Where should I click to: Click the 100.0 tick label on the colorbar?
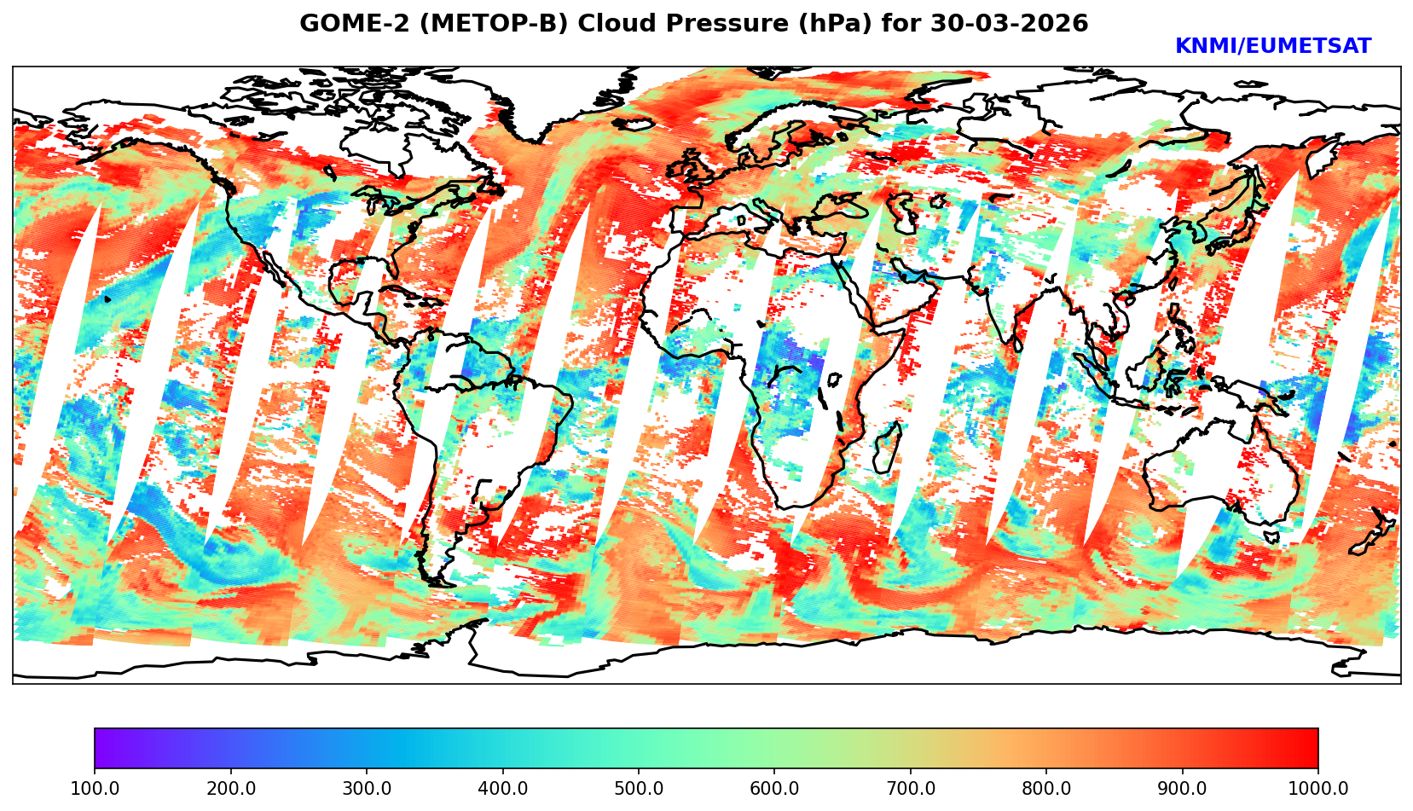(95, 789)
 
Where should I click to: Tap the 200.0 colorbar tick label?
(230, 789)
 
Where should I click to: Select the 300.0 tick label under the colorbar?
(367, 789)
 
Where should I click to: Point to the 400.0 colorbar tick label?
(502, 789)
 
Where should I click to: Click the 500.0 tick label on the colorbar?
(639, 789)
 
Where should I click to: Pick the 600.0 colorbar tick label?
(774, 789)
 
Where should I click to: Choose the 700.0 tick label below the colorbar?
(911, 789)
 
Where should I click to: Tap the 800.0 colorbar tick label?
(1046, 789)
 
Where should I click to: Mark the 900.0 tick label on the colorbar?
(1183, 789)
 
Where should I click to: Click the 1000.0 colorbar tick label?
(1317, 789)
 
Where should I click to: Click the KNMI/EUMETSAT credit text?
(1272, 47)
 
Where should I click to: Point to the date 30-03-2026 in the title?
(1010, 24)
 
